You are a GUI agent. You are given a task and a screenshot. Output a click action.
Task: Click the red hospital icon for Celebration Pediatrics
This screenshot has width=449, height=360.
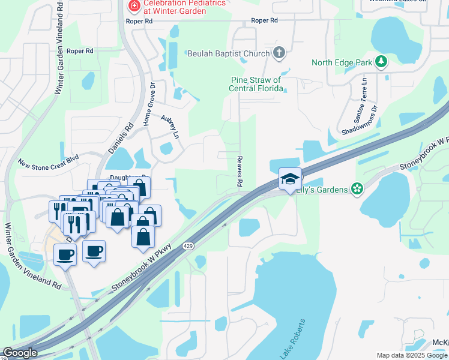click(134, 6)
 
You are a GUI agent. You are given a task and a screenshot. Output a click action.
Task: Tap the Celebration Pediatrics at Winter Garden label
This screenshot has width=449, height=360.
click(180, 7)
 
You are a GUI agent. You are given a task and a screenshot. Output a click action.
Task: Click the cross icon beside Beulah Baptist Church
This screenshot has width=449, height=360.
click(279, 54)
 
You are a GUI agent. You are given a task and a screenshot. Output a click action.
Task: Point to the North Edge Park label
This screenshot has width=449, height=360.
click(342, 62)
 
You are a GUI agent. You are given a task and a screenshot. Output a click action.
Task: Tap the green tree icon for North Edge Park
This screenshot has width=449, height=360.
click(380, 62)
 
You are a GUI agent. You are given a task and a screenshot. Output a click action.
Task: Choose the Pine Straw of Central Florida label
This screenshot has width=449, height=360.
click(256, 84)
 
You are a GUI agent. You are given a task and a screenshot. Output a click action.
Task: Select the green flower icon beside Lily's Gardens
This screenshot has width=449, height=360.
click(357, 190)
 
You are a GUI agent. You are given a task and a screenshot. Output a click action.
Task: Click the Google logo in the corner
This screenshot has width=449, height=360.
click(20, 353)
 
